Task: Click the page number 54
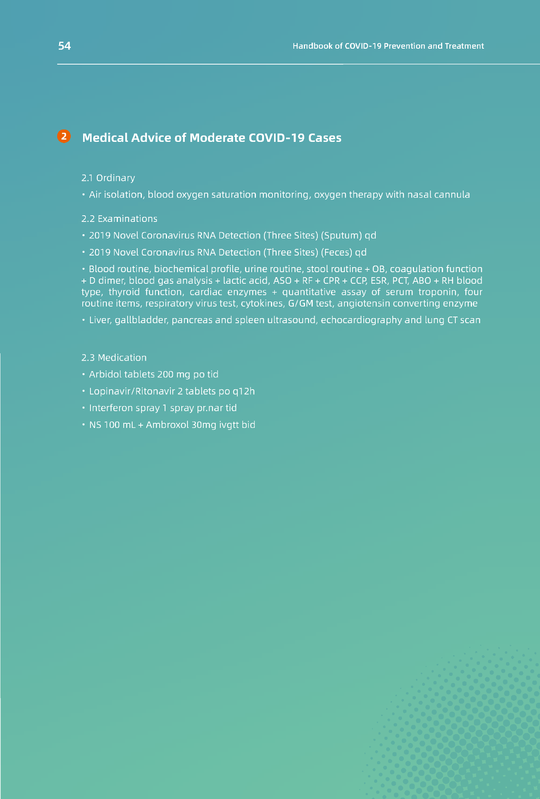pyautogui.click(x=65, y=46)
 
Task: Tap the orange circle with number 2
pyautogui.click(x=64, y=136)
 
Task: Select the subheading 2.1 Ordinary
pyautogui.click(x=108, y=178)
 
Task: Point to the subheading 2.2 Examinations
pyautogui.click(x=119, y=219)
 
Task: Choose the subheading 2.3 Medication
pyautogui.click(x=114, y=358)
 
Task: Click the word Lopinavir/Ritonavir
pyautogui.click(x=131, y=391)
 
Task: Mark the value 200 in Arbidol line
pyautogui.click(x=165, y=374)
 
